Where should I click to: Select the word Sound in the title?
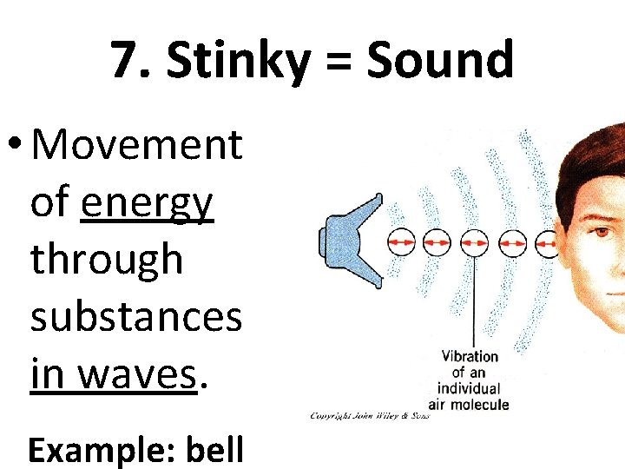coord(440,61)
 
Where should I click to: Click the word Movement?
coord(136,144)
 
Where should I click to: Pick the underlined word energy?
coord(147,203)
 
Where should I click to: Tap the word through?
coord(107,259)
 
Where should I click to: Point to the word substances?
coord(136,316)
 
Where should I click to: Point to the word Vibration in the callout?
coord(470,356)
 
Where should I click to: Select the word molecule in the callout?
coord(481,404)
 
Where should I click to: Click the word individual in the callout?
coord(470,387)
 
